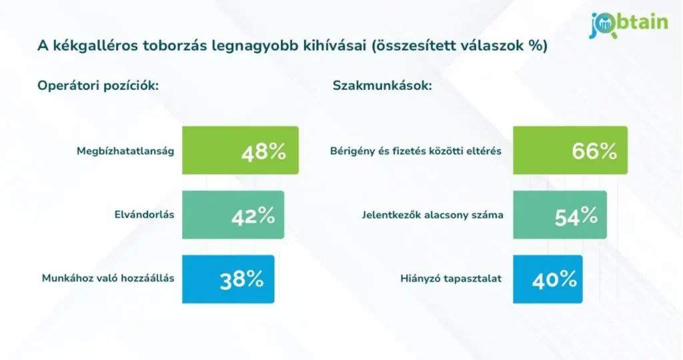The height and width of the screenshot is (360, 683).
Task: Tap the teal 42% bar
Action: [233, 215]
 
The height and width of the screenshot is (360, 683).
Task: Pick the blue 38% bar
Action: [227, 279]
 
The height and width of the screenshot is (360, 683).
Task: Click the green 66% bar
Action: [570, 151]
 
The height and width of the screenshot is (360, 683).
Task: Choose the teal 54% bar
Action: [560, 215]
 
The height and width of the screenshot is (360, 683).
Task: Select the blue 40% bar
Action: [548, 279]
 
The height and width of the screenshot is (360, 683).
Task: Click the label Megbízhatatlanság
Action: [125, 151]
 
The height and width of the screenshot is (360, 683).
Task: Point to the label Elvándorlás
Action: [144, 215]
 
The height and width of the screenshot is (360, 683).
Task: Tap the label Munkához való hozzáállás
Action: [107, 279]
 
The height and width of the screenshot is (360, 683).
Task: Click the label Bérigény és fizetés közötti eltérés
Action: [416, 151]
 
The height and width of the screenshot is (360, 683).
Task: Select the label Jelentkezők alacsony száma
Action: [432, 215]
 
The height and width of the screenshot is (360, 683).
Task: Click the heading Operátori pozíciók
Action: [98, 86]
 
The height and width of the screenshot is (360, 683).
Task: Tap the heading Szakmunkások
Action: [382, 86]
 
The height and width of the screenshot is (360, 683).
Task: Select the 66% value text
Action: [594, 151]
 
